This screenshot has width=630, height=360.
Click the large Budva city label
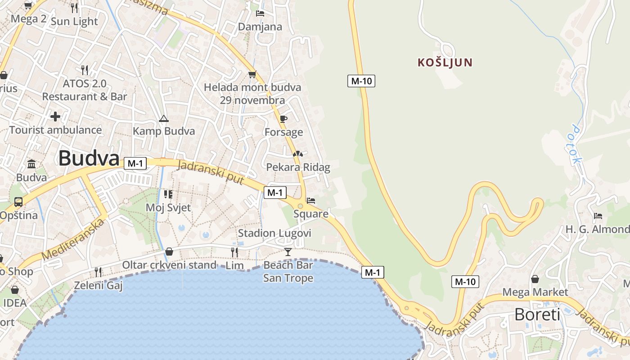pyautogui.click(x=89, y=158)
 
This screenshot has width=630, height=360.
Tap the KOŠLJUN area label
pyautogui.click(x=445, y=63)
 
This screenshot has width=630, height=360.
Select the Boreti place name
pyautogui.click(x=537, y=314)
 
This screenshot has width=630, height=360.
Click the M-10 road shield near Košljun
pyautogui.click(x=361, y=81)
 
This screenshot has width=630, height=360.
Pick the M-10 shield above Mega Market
pyautogui.click(x=465, y=282)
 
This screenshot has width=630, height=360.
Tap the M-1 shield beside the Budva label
pyautogui.click(x=135, y=163)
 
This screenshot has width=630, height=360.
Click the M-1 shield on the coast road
pyautogui.click(x=372, y=272)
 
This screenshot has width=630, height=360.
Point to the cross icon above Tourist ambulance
pyautogui.click(x=55, y=117)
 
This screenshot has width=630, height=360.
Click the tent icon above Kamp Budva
pyautogui.click(x=163, y=119)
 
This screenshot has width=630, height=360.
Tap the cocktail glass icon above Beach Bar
pyautogui.click(x=288, y=252)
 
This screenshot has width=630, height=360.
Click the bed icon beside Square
pyautogui.click(x=311, y=201)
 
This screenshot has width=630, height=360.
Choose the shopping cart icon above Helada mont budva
pyautogui.click(x=252, y=74)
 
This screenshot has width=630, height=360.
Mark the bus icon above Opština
pyautogui.click(x=18, y=202)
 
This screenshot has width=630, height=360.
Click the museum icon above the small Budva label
pyautogui.click(x=31, y=164)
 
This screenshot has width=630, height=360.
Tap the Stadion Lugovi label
pyautogui.click(x=274, y=233)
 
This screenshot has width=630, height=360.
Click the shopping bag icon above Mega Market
pyautogui.click(x=535, y=279)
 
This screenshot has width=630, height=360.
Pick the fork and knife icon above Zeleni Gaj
pyautogui.click(x=98, y=272)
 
